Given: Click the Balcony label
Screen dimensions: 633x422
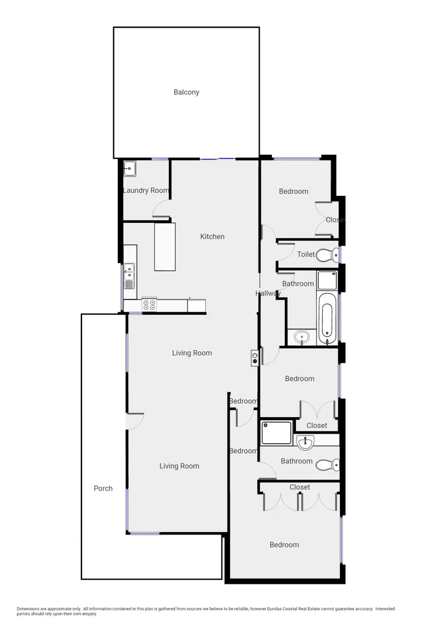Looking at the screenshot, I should point(186,92).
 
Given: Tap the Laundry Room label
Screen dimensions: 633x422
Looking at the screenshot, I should point(146,190).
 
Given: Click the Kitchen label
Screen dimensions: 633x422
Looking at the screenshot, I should point(212,237).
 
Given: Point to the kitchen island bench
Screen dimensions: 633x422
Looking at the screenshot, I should point(165,246).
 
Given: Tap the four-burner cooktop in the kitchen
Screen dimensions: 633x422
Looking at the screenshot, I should point(149,305).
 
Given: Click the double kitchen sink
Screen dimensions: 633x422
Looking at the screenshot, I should point(129,277).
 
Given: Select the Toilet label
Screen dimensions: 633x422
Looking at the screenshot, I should point(306,255).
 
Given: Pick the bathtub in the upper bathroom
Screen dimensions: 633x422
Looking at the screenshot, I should point(328,316).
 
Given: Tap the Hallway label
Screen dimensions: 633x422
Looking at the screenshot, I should point(268,293).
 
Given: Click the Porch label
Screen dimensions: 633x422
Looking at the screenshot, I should point(103,488).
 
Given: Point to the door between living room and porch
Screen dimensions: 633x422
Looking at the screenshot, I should point(135,421).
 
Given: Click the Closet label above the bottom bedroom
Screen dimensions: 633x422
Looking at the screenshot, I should point(300,487).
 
